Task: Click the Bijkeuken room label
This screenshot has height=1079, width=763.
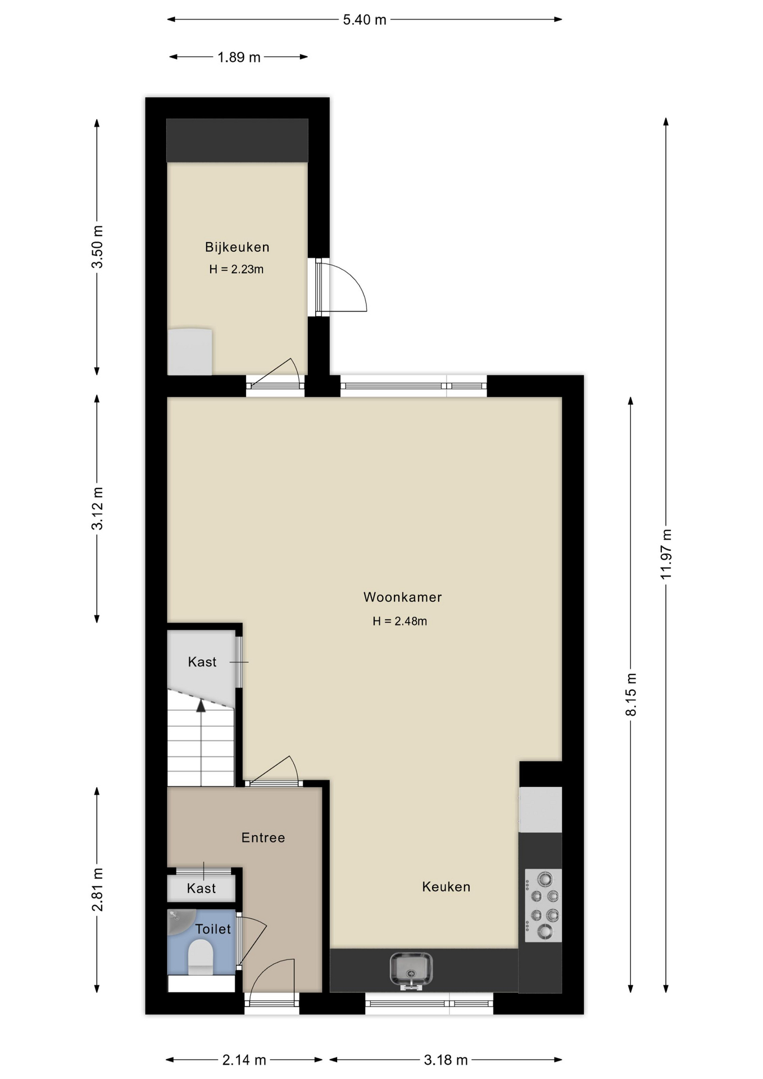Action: click(x=237, y=247)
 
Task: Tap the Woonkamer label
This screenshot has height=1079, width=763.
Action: click(x=402, y=597)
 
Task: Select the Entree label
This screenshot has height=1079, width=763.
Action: click(x=263, y=837)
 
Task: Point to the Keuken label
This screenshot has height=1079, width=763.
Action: click(x=446, y=886)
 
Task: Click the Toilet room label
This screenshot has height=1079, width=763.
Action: click(x=213, y=929)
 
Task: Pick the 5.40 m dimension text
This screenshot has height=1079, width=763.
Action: click(x=365, y=20)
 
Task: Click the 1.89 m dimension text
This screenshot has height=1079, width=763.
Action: click(x=239, y=57)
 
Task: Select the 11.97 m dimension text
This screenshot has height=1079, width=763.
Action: click(x=666, y=554)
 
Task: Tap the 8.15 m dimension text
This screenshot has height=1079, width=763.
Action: click(x=631, y=694)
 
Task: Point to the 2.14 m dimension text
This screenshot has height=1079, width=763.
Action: click(x=244, y=1060)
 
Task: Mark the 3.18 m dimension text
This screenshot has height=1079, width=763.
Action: click(x=446, y=1060)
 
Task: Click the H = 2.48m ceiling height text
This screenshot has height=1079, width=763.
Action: click(x=399, y=621)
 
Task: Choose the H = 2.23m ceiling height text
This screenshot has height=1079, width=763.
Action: click(x=236, y=269)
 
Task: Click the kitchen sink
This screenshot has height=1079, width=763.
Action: click(x=411, y=970)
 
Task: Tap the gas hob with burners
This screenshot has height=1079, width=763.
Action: click(x=543, y=905)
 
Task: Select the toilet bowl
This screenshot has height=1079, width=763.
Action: click(x=201, y=957)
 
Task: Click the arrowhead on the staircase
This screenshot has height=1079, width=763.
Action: click(x=201, y=706)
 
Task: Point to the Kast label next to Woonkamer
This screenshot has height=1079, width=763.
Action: click(x=202, y=662)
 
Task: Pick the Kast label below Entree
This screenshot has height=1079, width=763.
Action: click(x=201, y=888)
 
